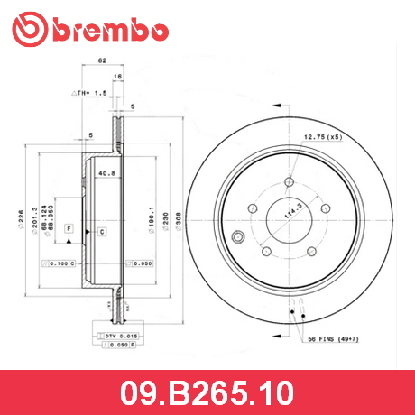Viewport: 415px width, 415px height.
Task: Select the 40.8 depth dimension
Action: point(106,175)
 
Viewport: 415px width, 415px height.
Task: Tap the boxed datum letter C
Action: point(102,232)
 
